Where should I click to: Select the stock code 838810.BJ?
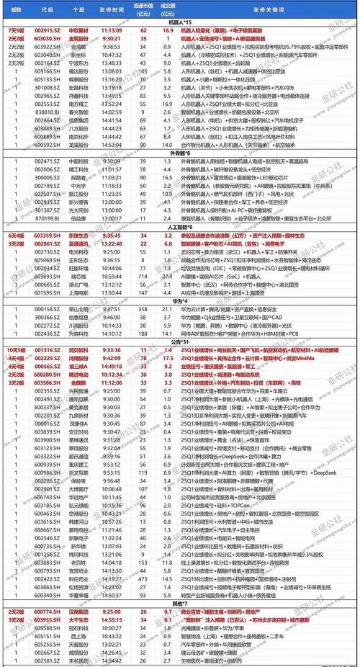(x=48, y=112)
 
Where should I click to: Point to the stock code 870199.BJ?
(x=48, y=218)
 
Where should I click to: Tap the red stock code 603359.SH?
(x=48, y=234)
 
